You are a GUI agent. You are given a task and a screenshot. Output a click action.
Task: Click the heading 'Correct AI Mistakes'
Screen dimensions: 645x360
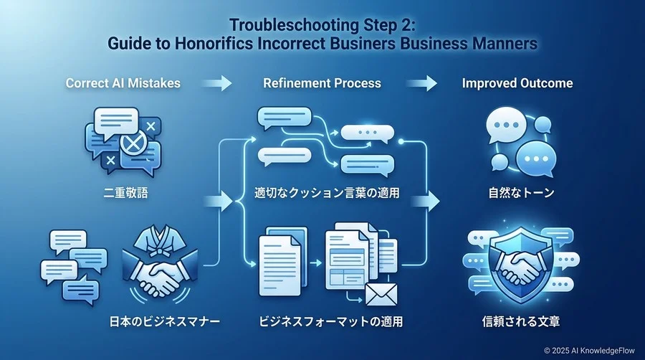[123, 83]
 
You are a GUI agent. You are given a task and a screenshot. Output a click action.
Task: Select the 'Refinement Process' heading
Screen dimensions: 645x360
[322, 83]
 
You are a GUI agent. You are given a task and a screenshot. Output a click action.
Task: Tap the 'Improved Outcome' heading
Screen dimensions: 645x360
[517, 83]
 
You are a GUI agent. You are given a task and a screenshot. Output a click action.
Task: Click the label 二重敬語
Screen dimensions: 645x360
[125, 192]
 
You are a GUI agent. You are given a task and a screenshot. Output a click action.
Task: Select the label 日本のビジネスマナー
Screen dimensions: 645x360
[165, 321]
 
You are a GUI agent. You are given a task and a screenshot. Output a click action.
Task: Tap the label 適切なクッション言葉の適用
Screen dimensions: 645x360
[327, 192]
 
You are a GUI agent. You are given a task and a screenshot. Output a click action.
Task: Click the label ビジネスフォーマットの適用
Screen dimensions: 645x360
[331, 321]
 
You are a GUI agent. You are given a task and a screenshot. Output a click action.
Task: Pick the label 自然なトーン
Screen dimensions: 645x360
[521, 192]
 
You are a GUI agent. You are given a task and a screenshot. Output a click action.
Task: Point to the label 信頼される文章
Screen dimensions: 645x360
[521, 321]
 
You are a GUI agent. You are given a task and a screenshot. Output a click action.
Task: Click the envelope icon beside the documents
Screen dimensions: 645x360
[381, 294]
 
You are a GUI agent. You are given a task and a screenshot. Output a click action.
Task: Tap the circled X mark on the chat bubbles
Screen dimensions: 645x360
[133, 143]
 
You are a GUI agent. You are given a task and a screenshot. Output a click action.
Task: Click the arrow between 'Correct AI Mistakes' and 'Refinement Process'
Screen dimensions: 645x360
[216, 83]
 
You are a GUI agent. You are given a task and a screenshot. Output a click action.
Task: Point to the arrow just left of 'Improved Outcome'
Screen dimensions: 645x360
[421, 83]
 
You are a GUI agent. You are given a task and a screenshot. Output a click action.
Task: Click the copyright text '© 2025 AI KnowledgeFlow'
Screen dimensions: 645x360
[589, 351]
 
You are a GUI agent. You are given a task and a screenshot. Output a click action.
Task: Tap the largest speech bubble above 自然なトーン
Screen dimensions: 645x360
[507, 125]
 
